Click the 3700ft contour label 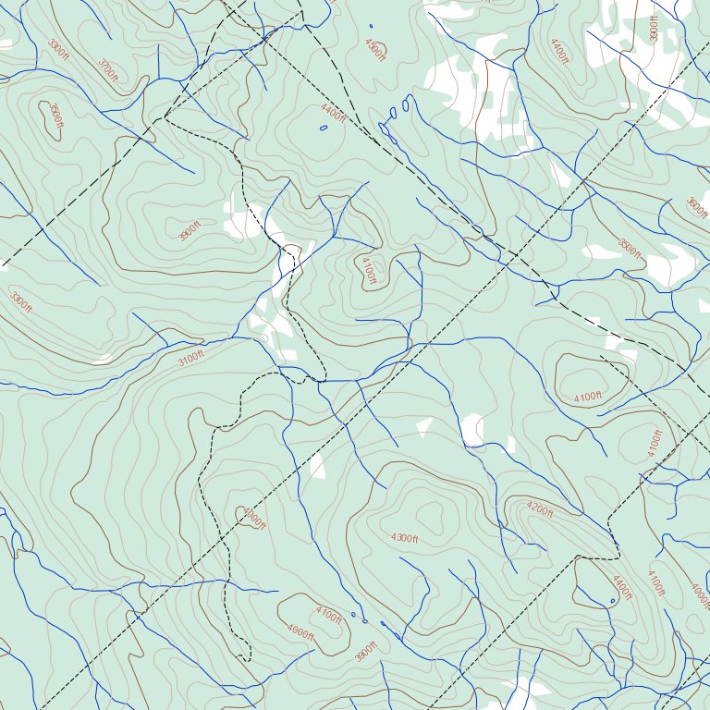[108, 69]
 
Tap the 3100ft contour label [190, 359]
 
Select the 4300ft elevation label [404, 538]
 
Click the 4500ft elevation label [374, 49]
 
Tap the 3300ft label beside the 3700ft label [58, 48]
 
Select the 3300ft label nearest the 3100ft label [20, 302]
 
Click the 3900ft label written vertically [655, 28]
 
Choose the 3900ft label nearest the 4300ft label [367, 651]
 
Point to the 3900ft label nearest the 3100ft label [190, 231]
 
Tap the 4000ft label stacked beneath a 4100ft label [300, 632]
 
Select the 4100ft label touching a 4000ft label [328, 612]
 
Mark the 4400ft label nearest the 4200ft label [622, 587]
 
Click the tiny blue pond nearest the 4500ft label [371, 26]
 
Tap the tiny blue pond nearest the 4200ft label [612, 601]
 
